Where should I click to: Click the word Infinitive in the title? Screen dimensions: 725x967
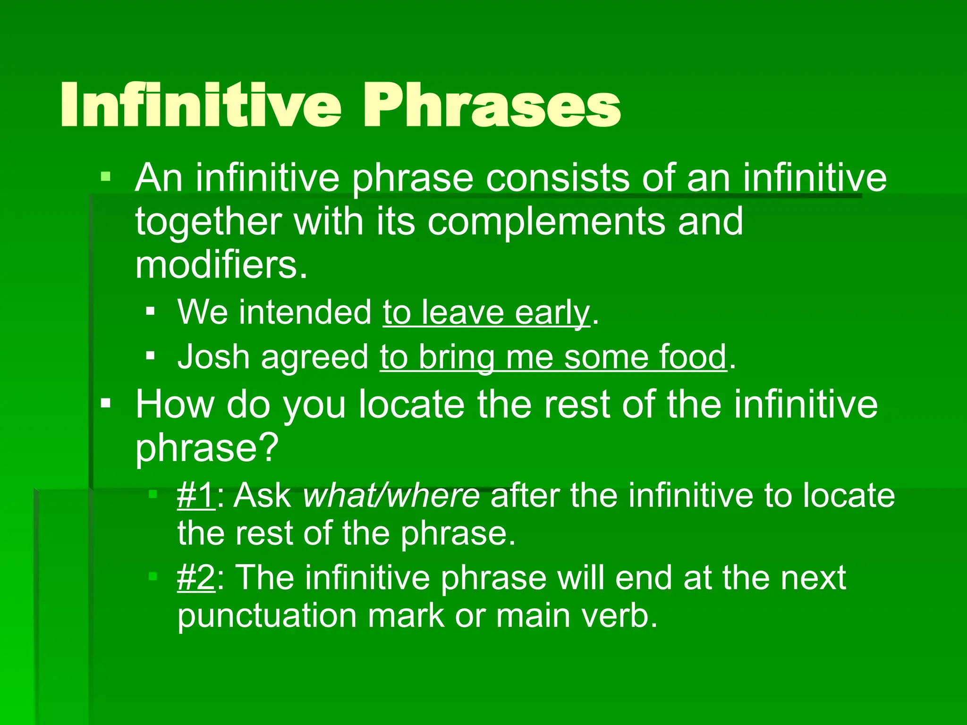(201, 105)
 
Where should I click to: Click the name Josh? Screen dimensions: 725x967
(213, 357)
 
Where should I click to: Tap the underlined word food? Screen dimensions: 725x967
(693, 357)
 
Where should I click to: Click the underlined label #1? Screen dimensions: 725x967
(195, 496)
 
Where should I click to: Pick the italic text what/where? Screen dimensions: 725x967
(391, 496)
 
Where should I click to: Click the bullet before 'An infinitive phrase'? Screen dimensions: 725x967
(105, 177)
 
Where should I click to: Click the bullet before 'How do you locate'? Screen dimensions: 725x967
(105, 404)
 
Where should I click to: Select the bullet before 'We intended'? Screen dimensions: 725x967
(150, 311)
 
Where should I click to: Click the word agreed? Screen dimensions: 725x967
(314, 357)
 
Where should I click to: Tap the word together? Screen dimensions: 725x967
(208, 221)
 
